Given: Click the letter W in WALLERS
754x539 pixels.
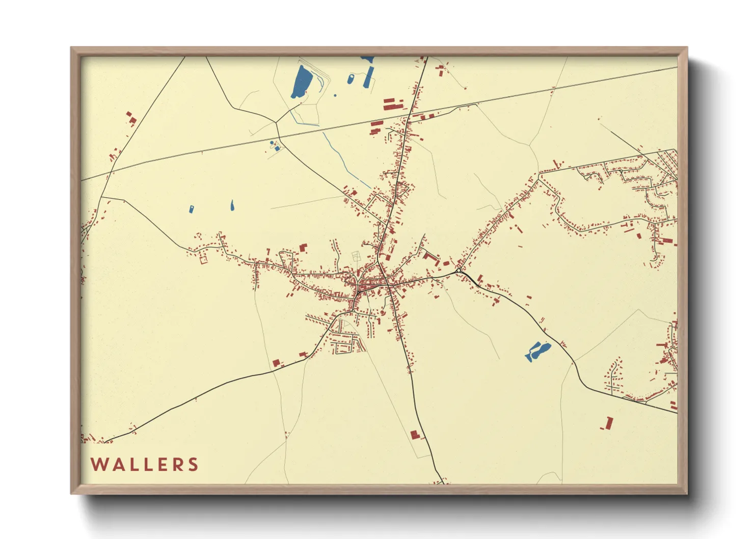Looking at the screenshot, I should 98,465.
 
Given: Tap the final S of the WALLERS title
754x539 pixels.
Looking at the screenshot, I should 193,465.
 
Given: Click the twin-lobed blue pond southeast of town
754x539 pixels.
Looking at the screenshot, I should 537,351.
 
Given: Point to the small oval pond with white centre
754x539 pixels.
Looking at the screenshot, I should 351,79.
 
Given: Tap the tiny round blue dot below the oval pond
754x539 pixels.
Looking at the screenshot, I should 335,95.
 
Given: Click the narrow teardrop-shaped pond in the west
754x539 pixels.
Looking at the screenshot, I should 232,205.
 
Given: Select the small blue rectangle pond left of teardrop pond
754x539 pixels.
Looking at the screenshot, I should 192,209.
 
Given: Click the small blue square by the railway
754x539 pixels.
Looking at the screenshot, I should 277,148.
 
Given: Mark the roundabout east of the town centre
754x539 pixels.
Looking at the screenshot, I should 459,270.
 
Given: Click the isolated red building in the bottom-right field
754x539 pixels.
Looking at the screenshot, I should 608,423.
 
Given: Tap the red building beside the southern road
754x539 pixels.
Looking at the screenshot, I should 415,435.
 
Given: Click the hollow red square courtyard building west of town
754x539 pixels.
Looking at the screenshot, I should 204,259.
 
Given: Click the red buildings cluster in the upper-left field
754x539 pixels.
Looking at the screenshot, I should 131,119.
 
